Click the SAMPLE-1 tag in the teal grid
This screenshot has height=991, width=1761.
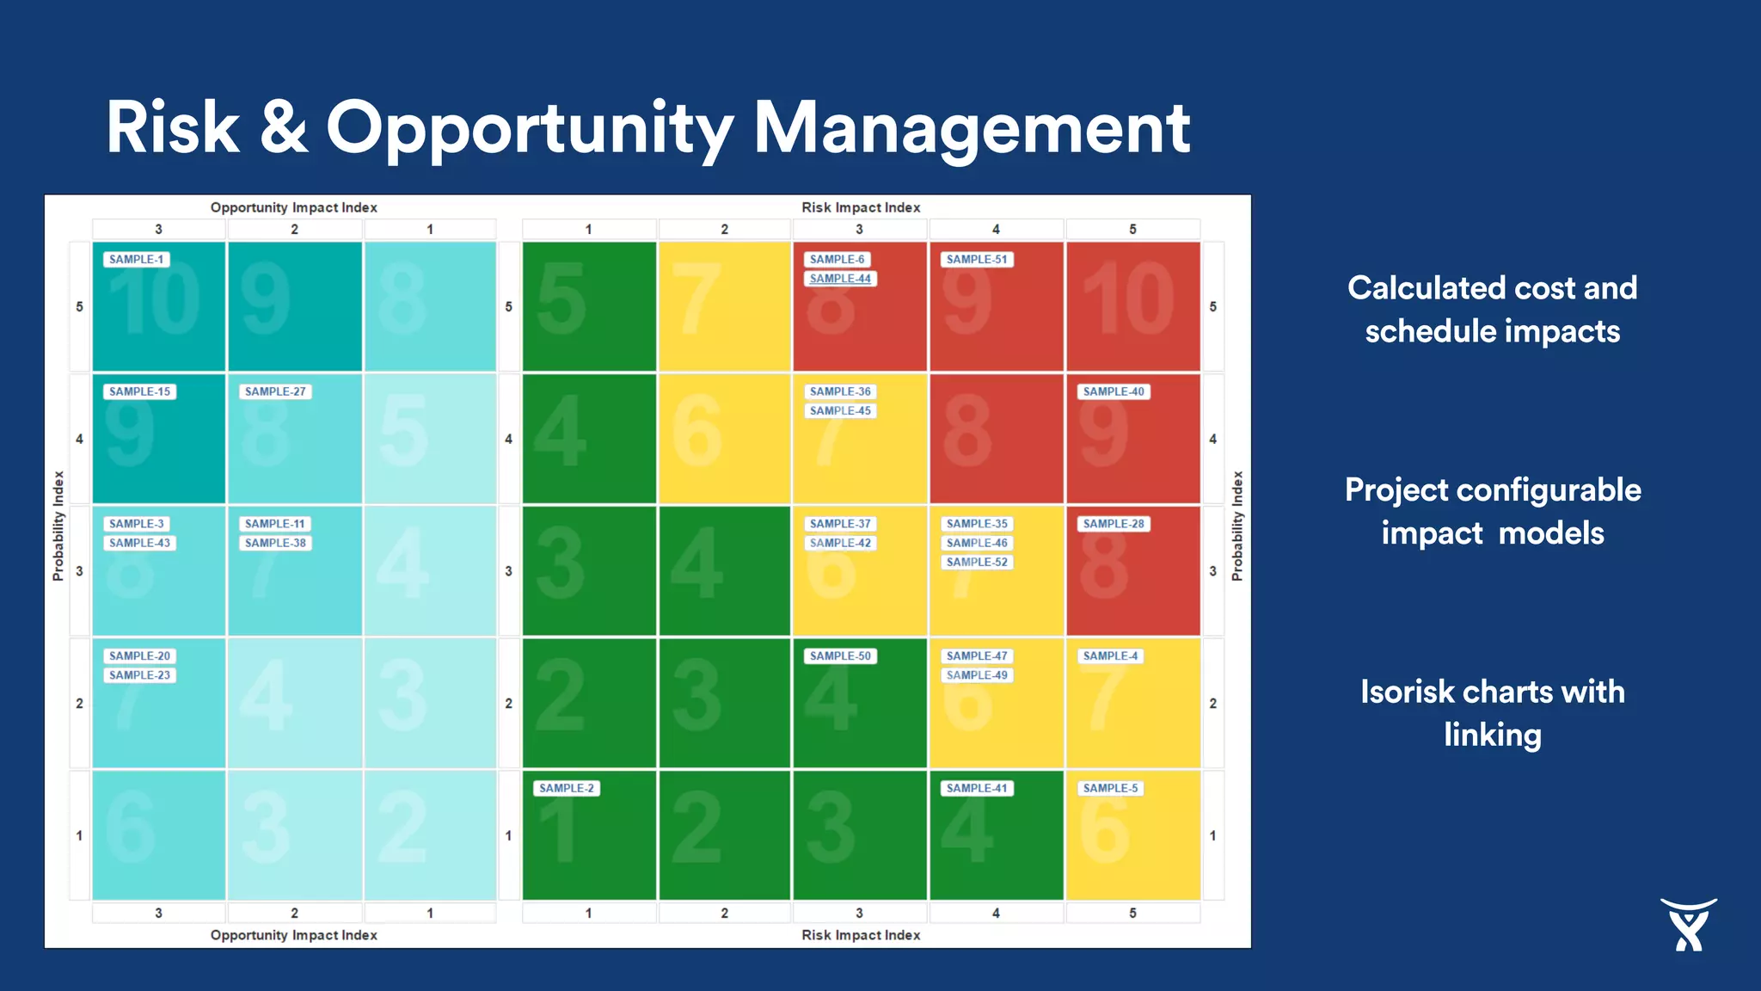click(x=136, y=260)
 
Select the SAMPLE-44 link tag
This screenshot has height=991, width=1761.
click(x=840, y=279)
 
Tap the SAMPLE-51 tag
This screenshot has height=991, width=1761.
click(x=976, y=260)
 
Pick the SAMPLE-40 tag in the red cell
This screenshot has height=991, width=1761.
click(x=1113, y=391)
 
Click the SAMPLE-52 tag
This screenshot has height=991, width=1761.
click(x=976, y=563)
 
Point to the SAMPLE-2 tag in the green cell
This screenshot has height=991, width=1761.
click(x=566, y=788)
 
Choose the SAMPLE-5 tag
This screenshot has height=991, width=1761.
click(x=1110, y=788)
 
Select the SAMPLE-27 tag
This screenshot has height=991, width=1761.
click(x=274, y=391)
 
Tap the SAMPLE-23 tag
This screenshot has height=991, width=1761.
click(x=139, y=675)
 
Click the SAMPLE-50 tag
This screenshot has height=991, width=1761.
click(x=840, y=656)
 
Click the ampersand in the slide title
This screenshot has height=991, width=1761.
click(x=283, y=127)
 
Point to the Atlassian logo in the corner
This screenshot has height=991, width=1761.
click(x=1688, y=925)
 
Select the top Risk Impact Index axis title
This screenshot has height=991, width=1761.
click(x=861, y=207)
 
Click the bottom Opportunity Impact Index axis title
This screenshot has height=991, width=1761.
click(x=293, y=935)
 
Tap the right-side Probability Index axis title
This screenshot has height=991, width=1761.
click(x=1237, y=526)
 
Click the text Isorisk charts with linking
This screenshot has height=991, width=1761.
click(x=1492, y=713)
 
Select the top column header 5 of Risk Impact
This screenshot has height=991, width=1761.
click(x=1132, y=230)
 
